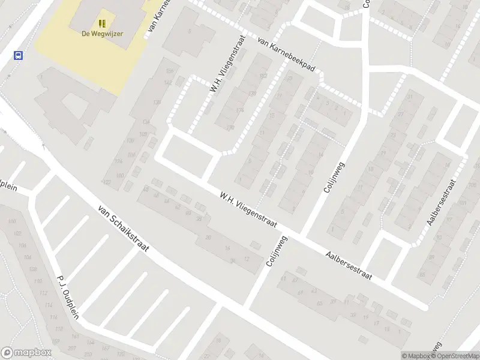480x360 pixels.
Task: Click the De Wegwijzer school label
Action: pos(103,34)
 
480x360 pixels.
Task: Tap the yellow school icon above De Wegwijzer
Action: pos(103,23)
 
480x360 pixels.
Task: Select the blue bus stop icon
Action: pos(19,56)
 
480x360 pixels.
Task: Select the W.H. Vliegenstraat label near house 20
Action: pos(247,209)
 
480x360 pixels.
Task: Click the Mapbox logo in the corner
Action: pos(26,353)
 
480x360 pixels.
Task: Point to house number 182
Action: pos(263,76)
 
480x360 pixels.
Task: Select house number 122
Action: pos(108,182)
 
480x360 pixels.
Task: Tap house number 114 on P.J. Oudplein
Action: pos(43,293)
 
